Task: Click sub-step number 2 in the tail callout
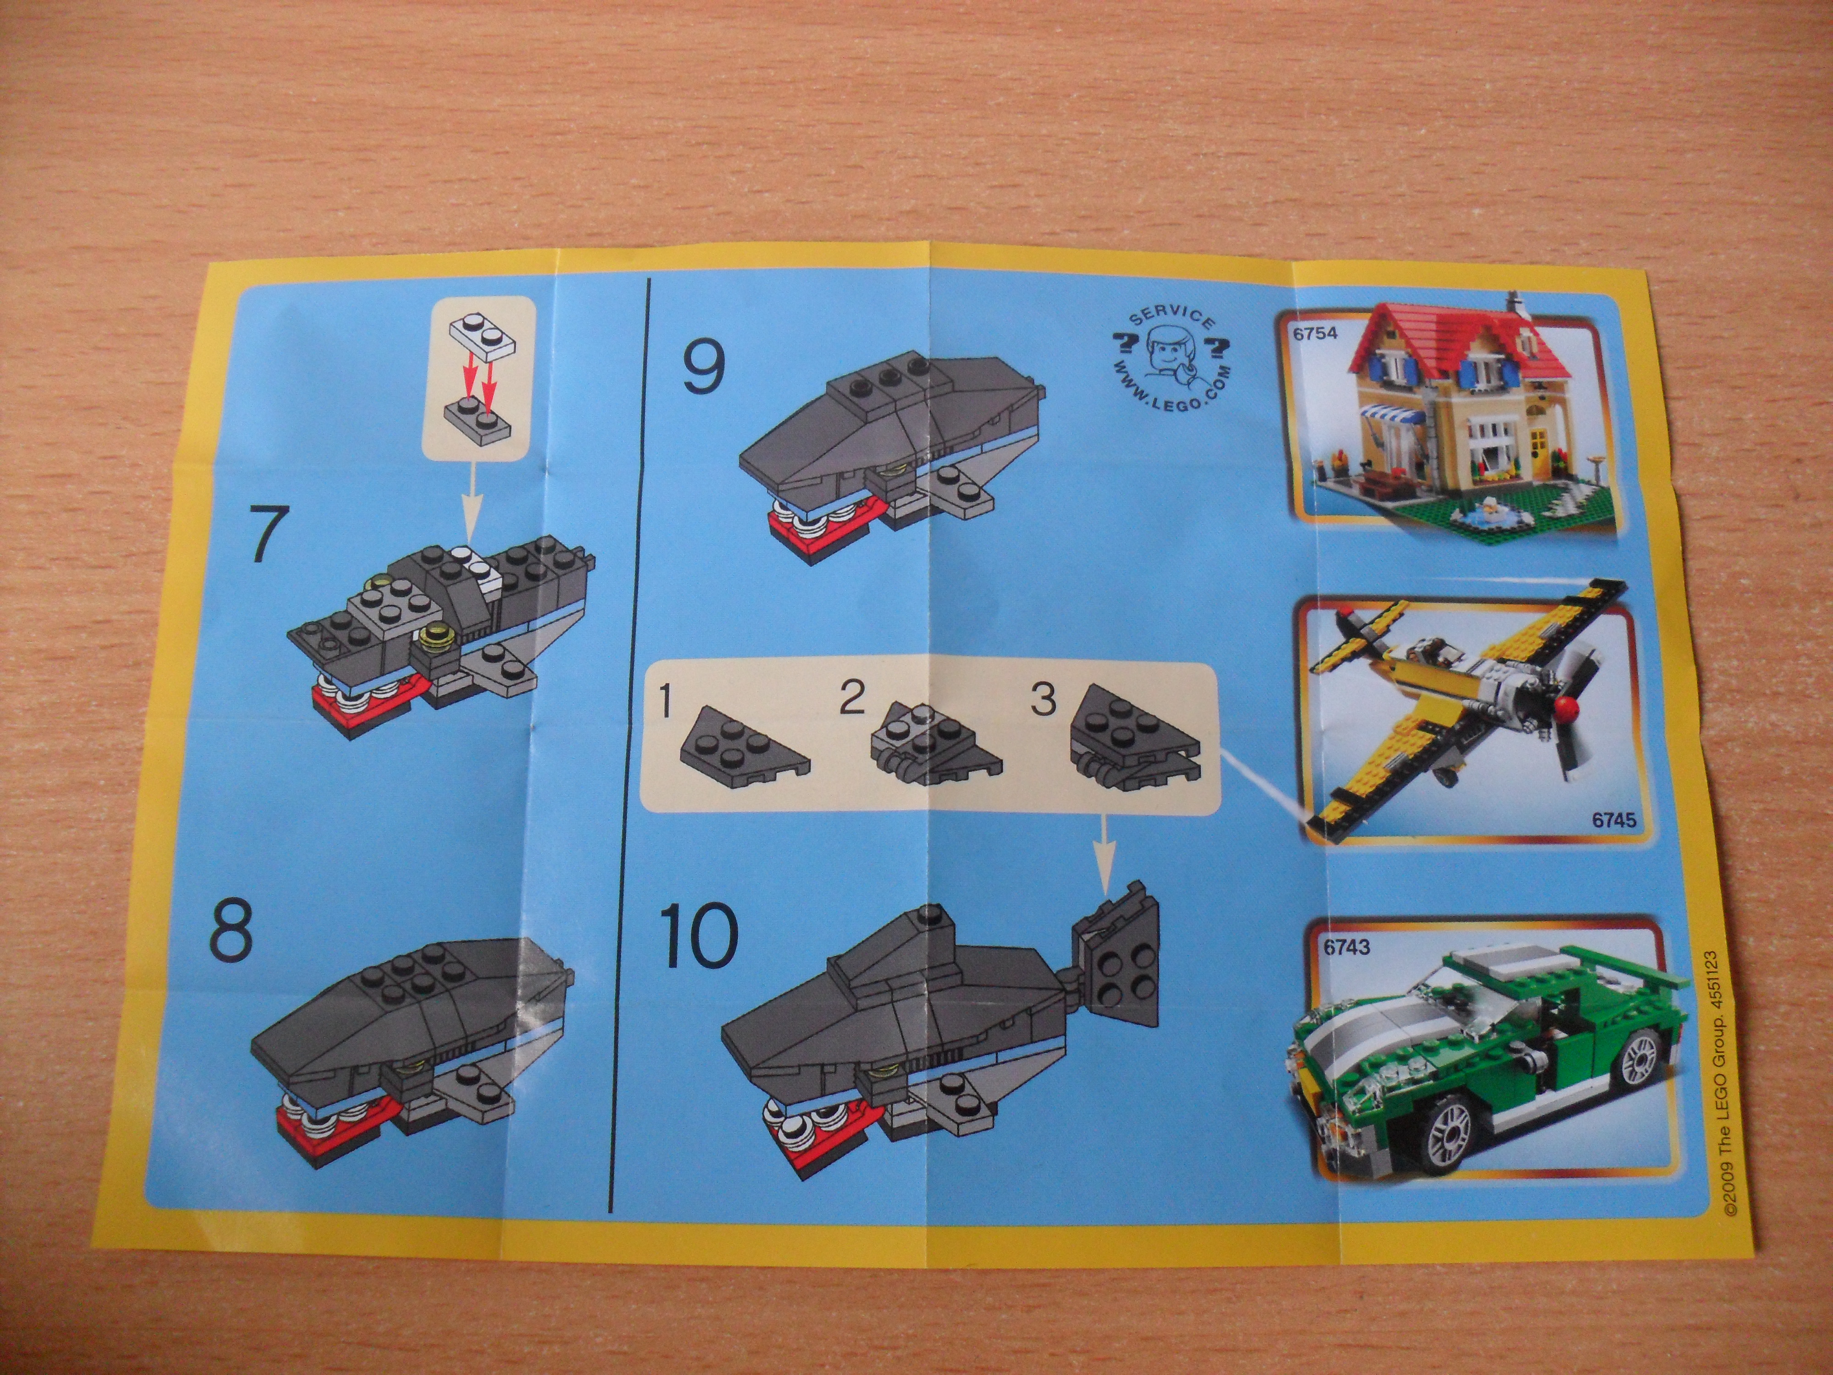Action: pos(852,698)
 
